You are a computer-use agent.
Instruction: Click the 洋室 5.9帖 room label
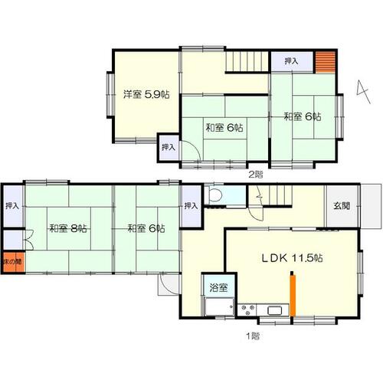click(x=146, y=95)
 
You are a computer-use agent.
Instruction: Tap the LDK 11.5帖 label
click(x=293, y=258)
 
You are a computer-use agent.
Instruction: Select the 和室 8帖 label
click(x=68, y=228)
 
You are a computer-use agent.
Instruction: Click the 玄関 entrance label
click(x=342, y=205)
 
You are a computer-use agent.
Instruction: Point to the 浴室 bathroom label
click(x=218, y=287)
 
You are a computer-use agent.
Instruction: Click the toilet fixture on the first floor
click(x=214, y=195)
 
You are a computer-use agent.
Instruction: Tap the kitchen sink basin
click(x=275, y=310)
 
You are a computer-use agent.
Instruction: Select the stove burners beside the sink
click(x=247, y=310)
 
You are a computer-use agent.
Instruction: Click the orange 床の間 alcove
click(x=14, y=262)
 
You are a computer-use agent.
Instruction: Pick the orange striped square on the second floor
click(x=325, y=62)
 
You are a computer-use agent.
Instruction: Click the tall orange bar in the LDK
click(x=293, y=295)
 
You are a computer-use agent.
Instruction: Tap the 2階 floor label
click(x=256, y=175)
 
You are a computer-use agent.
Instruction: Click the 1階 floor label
click(x=253, y=336)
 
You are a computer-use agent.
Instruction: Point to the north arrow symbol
click(x=363, y=92)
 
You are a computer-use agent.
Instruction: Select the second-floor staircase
click(x=247, y=61)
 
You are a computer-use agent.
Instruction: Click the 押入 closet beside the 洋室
click(x=169, y=148)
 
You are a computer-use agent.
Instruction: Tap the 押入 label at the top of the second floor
click(x=291, y=61)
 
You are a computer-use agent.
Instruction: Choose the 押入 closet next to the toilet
click(x=191, y=206)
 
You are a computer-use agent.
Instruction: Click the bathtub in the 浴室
click(x=219, y=306)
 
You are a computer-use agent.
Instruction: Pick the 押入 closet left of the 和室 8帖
click(x=13, y=206)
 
